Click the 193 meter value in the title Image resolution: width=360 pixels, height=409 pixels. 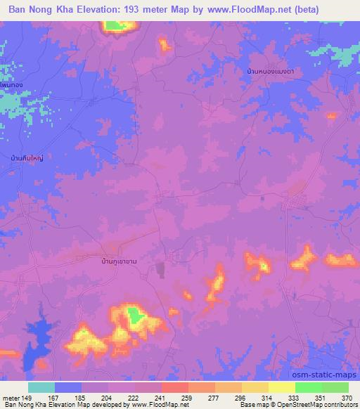(145, 9)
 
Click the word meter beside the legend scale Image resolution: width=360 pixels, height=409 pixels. (11, 398)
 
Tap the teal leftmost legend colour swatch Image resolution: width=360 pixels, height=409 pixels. (41, 387)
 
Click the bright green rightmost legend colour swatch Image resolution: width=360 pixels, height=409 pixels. (334, 387)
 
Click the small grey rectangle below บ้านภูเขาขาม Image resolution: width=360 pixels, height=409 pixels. (160, 268)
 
